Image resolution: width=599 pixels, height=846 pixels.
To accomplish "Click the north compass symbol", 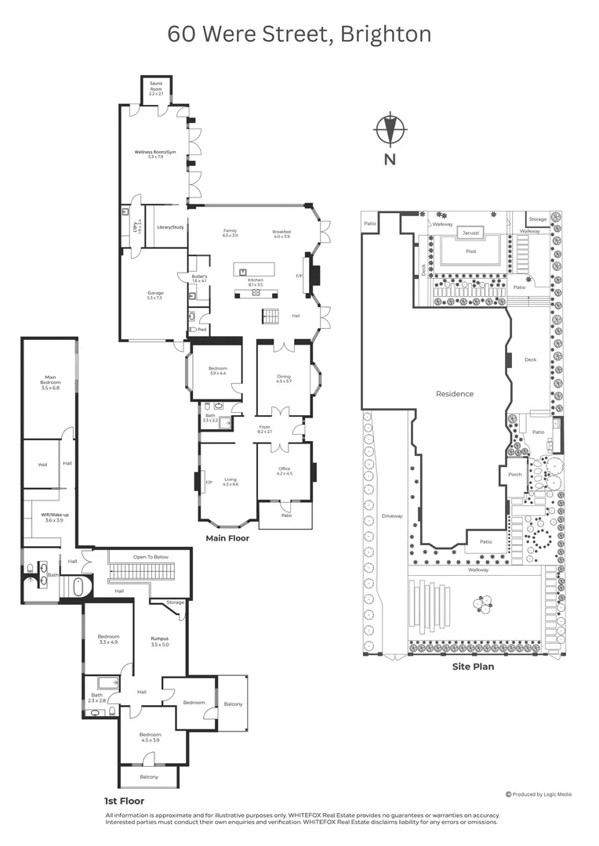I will click(390, 131).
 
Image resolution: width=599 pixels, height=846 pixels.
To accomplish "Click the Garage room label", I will click(155, 295).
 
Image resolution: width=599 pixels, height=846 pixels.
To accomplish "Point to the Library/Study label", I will click(170, 227).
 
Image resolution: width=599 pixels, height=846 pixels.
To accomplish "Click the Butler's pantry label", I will click(198, 278).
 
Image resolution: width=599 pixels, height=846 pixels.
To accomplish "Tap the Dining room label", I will click(283, 378).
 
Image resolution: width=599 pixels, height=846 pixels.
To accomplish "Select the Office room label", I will click(284, 471).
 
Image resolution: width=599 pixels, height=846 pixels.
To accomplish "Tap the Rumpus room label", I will click(160, 641).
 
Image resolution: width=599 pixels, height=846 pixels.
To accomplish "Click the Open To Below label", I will click(150, 557).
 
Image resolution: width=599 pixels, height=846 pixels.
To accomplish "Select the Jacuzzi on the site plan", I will click(470, 233).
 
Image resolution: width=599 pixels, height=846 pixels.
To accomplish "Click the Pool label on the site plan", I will click(470, 251).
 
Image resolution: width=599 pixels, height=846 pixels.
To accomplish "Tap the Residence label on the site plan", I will click(455, 394).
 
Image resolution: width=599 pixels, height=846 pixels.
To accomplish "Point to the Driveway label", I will click(391, 515).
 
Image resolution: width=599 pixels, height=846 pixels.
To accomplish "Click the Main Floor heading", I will click(227, 539).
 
